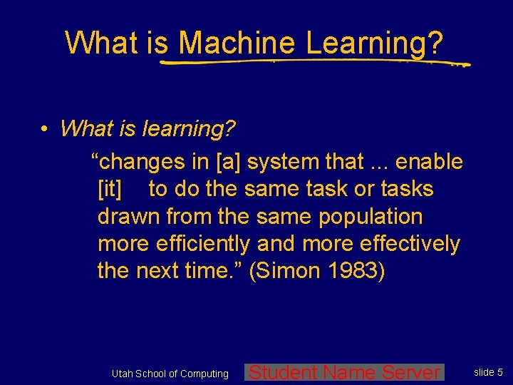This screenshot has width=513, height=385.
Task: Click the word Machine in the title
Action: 238,43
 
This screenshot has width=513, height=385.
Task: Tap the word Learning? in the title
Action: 375,43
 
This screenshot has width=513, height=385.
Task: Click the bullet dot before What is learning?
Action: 44,129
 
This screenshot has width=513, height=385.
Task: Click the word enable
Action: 429,162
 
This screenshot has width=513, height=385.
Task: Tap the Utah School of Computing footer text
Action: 170,374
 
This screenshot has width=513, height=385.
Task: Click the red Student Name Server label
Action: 345,372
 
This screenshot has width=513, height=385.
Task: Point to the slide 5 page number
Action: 489,372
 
